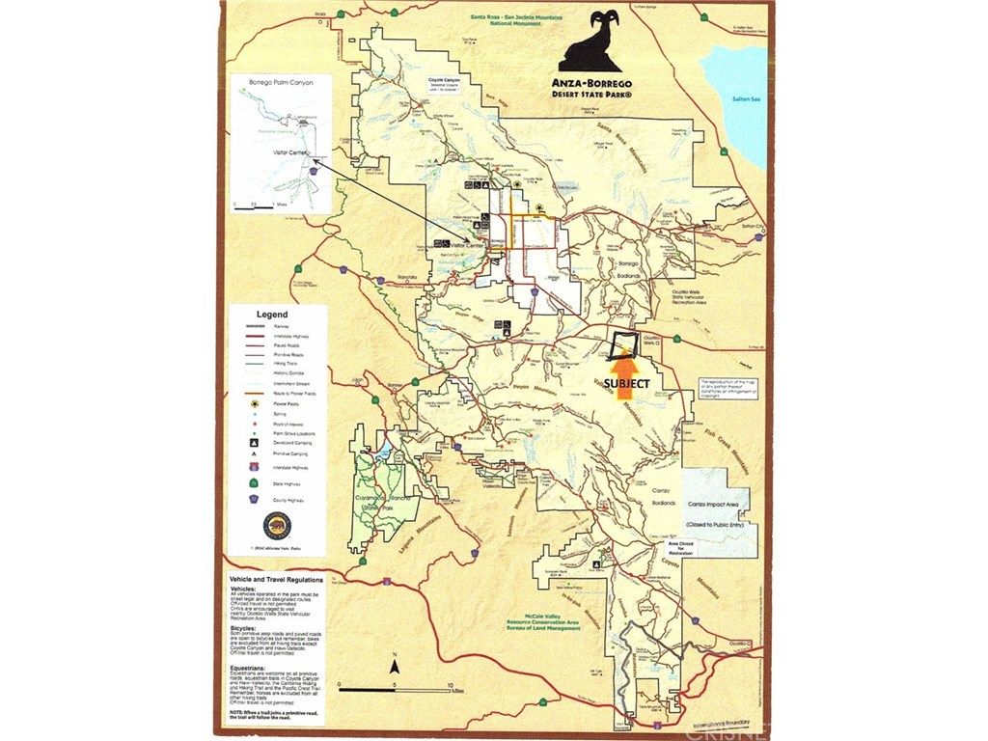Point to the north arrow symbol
tap(394, 666)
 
